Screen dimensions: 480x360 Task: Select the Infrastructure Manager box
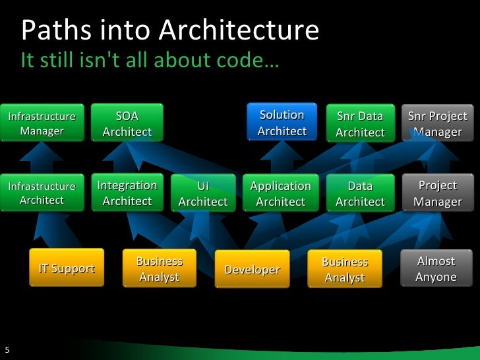pos(42,123)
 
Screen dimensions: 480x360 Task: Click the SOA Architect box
pos(127,123)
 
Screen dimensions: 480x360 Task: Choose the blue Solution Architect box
pos(282,123)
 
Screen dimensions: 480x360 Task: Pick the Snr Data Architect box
pos(360,124)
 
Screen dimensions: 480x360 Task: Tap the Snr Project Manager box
pos(437,124)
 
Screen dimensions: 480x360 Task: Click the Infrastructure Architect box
pos(42,193)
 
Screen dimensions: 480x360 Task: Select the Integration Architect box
pos(127,193)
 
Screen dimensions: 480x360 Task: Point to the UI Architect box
pos(203,194)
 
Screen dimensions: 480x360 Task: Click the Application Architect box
pos(281,194)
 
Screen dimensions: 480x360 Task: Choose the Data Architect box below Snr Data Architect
pos(360,194)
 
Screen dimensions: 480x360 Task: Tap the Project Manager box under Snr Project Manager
pos(437,193)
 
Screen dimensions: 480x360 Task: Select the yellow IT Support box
pos(67,268)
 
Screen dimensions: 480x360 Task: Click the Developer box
pos(253,270)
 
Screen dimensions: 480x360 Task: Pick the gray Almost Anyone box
pos(436,269)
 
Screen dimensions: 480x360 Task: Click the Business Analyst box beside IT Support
pos(160,269)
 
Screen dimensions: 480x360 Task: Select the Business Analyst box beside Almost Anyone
pos(345,270)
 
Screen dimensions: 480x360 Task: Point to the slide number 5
pos(7,350)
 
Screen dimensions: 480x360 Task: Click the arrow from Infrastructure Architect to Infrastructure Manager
pos(42,158)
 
